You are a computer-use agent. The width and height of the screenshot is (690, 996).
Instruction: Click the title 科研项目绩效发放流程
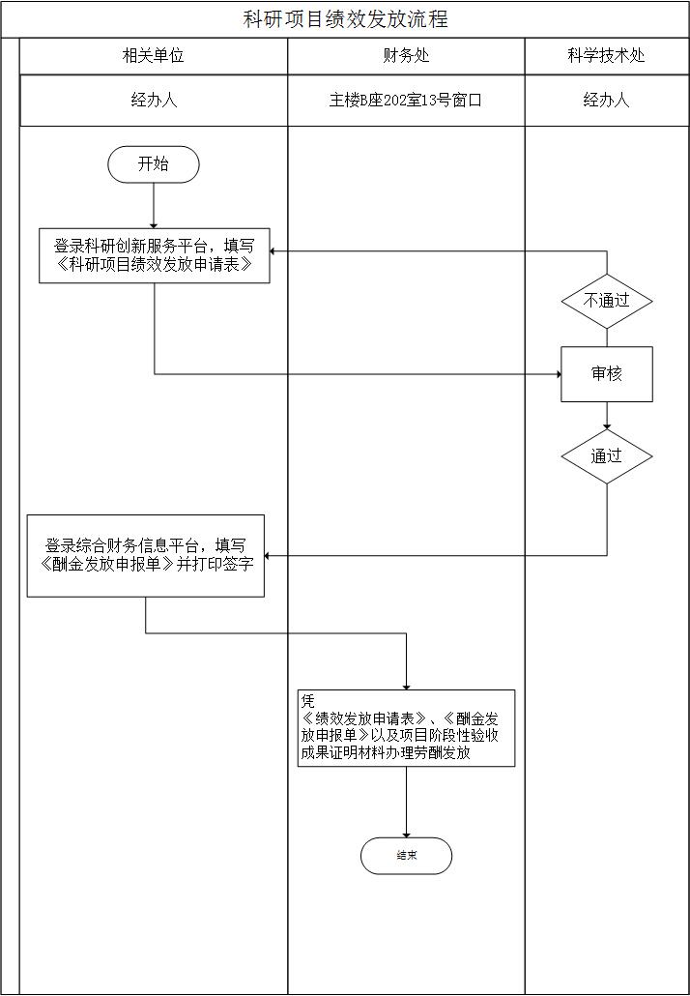345,19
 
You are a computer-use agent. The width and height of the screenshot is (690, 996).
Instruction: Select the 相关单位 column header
153,56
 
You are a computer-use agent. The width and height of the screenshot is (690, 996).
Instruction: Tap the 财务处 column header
406,56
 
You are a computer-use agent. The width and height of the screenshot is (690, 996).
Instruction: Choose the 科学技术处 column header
606,56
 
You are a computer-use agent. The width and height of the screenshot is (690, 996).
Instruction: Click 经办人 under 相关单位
153,100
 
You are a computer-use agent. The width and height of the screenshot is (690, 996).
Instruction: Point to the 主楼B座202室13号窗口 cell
406,100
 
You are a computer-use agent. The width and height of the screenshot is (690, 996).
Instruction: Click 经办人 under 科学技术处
606,100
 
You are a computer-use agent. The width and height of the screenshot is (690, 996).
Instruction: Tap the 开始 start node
154,164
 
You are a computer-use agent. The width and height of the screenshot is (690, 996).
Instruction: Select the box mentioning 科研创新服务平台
155,255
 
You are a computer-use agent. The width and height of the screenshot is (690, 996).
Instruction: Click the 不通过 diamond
607,301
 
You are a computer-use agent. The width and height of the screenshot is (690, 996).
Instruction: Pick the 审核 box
607,373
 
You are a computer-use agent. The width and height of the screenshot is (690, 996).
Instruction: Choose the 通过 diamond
607,455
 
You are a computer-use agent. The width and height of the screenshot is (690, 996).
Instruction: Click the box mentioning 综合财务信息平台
146,555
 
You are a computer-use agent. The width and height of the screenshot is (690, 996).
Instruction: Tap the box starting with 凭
406,728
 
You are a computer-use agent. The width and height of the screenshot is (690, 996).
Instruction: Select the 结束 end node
406,856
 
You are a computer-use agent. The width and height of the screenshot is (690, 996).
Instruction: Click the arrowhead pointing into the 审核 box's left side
557,373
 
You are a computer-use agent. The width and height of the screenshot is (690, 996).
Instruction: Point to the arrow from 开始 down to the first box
154,205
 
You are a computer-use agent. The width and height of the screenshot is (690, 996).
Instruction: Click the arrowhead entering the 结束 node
406,833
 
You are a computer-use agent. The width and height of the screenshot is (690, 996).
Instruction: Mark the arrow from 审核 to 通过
607,416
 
